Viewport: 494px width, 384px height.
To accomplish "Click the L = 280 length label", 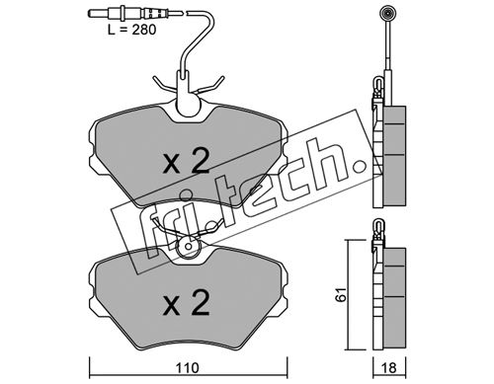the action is tap(131, 30).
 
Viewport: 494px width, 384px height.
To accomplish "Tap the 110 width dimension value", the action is tap(187, 368).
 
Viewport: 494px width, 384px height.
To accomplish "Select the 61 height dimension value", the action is tap(341, 294).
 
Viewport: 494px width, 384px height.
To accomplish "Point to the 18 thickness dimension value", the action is tap(389, 368).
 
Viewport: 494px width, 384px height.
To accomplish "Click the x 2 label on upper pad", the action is tap(187, 161).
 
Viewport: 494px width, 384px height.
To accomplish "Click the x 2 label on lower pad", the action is tap(187, 303).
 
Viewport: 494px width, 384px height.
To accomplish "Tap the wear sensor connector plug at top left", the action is tap(135, 14).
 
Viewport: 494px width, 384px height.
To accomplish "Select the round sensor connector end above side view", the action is tap(386, 14).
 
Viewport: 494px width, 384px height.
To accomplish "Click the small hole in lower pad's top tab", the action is tap(188, 246).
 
